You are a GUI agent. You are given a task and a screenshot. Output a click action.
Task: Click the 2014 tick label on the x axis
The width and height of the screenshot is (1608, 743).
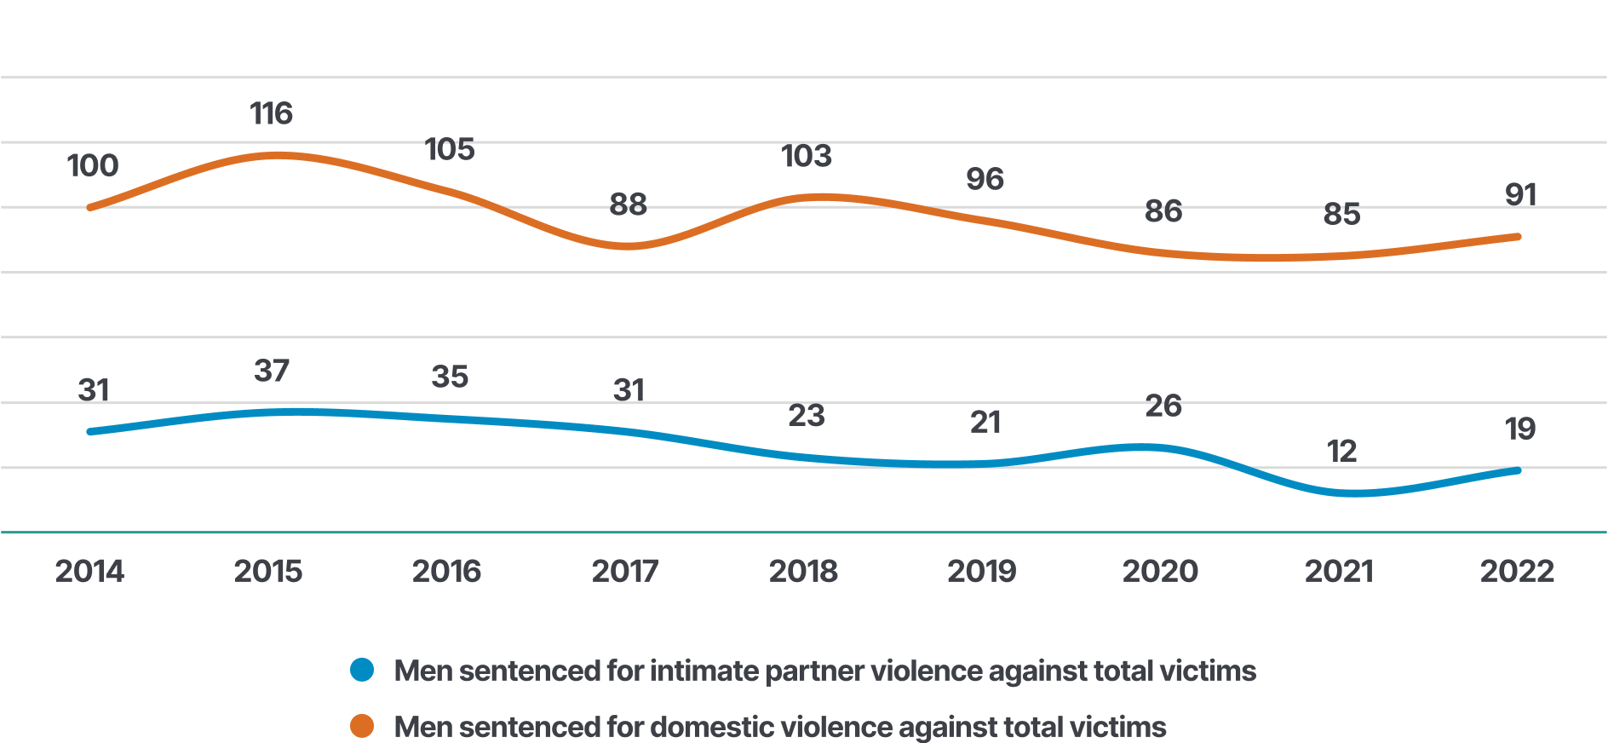(89, 571)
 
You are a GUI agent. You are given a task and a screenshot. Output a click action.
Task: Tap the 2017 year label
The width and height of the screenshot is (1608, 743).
(625, 571)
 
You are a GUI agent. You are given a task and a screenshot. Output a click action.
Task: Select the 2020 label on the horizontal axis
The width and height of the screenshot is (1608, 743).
(1160, 571)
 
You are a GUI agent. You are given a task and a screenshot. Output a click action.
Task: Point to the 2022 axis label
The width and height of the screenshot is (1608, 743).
(1517, 571)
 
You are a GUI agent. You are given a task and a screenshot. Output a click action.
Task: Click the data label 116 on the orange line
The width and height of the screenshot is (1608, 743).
(271, 113)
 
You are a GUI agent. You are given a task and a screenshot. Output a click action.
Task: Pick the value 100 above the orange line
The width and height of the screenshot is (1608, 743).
(93, 165)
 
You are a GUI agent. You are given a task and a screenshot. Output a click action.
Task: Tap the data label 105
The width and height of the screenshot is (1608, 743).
(450, 149)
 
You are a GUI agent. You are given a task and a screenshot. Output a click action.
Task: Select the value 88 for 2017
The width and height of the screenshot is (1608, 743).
(629, 204)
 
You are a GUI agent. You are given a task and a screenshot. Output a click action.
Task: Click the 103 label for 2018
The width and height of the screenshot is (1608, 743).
(807, 156)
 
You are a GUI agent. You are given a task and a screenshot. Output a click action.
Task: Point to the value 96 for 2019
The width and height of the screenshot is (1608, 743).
(985, 179)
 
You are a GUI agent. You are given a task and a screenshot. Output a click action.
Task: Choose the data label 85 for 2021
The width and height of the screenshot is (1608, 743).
(1341, 214)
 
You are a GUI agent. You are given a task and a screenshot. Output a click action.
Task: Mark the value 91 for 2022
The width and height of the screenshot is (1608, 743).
(1520, 195)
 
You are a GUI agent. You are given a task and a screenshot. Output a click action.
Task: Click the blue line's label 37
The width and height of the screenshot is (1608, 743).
(272, 371)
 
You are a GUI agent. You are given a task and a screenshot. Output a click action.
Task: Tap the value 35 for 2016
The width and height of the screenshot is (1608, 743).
(450, 377)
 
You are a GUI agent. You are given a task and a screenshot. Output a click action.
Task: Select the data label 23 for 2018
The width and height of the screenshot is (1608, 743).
(807, 416)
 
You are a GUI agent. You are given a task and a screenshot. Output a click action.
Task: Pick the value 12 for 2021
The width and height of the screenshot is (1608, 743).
(1341, 451)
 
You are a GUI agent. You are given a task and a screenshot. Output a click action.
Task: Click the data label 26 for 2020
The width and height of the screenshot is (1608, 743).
(1163, 406)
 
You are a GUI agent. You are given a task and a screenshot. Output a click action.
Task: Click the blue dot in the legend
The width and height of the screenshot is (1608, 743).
(362, 671)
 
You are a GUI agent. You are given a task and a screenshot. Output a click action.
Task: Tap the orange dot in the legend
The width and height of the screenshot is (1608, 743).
(362, 726)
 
